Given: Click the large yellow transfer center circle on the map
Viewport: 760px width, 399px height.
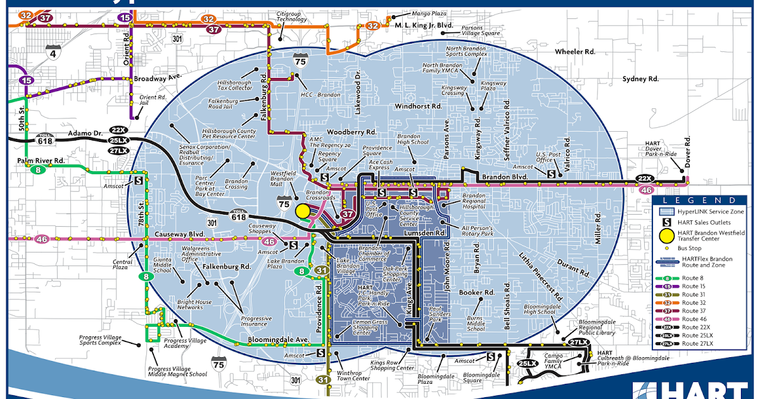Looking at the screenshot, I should (x=303, y=211).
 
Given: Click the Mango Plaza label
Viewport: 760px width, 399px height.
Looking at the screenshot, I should (x=428, y=12).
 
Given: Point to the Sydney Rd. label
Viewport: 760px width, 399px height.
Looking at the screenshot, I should (x=640, y=79).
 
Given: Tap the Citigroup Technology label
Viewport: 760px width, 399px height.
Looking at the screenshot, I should (x=291, y=16).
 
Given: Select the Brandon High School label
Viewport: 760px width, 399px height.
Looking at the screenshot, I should (x=414, y=139).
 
